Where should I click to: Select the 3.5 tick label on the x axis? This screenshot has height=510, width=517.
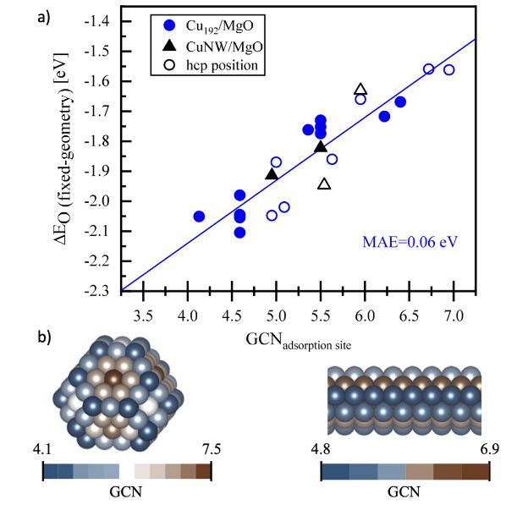point(143,303)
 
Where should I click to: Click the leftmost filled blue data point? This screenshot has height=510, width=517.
point(199,217)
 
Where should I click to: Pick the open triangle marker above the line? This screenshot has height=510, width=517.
point(360,89)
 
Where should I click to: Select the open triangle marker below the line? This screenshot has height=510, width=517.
point(324,184)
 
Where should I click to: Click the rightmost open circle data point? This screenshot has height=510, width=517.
point(448,69)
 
